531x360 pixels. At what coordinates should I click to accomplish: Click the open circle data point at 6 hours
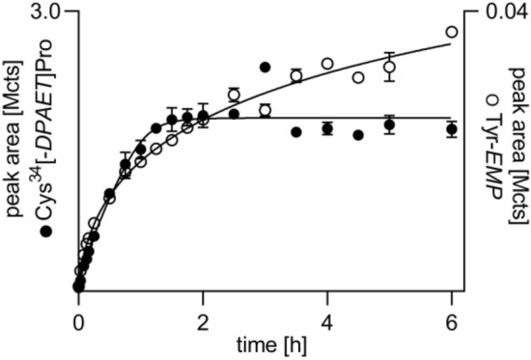pyautogui.click(x=451, y=32)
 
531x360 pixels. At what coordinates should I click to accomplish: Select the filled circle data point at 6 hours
pyautogui.click(x=451, y=128)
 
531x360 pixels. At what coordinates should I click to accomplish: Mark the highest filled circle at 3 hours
pyautogui.click(x=265, y=67)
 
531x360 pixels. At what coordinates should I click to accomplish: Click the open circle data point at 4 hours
pyautogui.click(x=327, y=64)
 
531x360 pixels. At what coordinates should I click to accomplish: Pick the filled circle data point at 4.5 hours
pyautogui.click(x=358, y=135)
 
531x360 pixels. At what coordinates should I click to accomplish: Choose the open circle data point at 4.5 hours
pyautogui.click(x=358, y=77)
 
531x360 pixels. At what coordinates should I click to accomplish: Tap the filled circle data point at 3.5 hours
pyautogui.click(x=295, y=131)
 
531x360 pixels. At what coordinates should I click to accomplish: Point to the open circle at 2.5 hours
pyautogui.click(x=234, y=95)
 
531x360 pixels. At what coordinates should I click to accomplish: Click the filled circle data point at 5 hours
pyautogui.click(x=389, y=125)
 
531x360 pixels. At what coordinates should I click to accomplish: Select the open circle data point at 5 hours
pyautogui.click(x=389, y=67)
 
